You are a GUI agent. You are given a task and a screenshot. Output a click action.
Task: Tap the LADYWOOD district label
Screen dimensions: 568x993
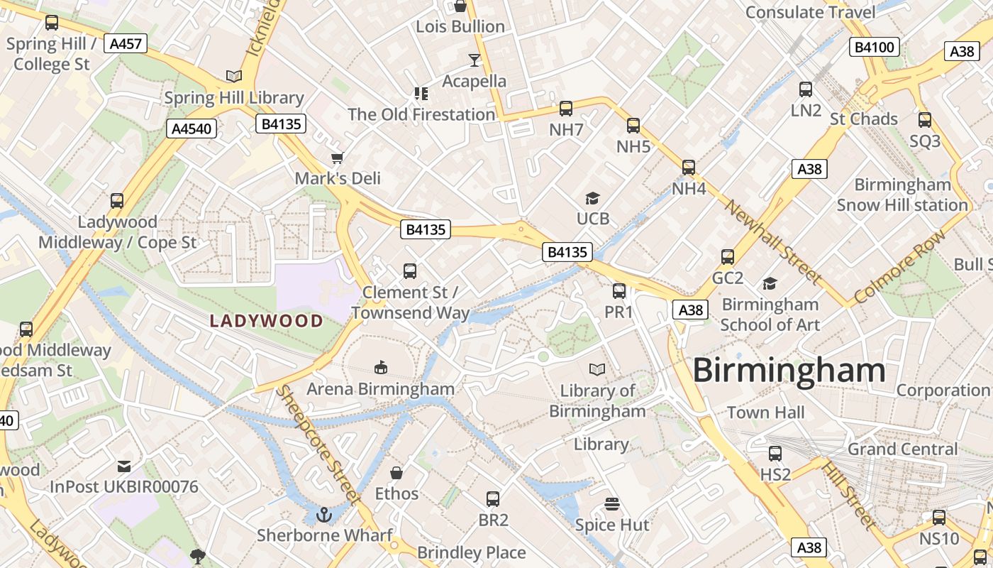pos(267,321)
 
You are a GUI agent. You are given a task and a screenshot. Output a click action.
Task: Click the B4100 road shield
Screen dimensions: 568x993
pos(875,48)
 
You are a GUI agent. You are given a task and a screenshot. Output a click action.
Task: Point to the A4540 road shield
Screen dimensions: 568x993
pos(192,129)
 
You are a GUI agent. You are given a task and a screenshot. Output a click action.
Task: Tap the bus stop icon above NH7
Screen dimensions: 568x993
pos(566,109)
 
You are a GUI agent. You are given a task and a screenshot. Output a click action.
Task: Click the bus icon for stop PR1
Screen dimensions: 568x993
pos(619,291)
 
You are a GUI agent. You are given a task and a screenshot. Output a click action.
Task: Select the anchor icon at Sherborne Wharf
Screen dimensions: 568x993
pos(324,514)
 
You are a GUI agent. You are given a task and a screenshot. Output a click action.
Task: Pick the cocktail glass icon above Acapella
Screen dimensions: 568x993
pos(475,60)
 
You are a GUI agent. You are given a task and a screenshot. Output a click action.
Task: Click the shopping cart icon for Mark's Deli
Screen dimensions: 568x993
pos(338,157)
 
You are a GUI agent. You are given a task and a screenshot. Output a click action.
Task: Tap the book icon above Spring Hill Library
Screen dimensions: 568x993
pos(233,76)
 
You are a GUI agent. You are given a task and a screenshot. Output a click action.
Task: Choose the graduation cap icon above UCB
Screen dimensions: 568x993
pos(592,198)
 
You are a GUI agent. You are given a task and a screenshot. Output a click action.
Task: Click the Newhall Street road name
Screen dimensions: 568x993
pos(772,241)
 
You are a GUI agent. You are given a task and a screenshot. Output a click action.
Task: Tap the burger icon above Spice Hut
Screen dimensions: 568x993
pos(612,504)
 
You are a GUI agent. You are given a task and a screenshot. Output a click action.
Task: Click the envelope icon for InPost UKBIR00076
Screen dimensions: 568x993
pos(124,466)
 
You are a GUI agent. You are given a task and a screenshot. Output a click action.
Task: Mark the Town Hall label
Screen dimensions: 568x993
pos(765,413)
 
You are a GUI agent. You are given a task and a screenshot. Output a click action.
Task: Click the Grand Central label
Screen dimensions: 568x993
pos(902,449)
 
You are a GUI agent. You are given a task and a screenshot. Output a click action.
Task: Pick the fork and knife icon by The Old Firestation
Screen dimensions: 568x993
pos(421,94)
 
